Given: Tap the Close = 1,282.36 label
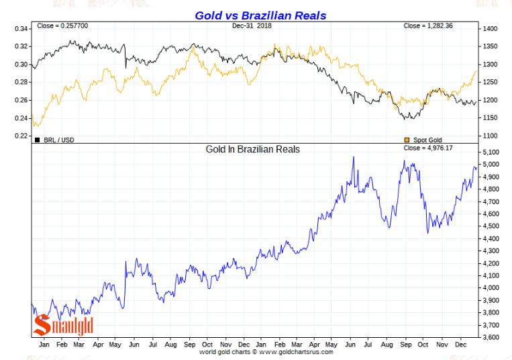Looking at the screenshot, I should point(430,26).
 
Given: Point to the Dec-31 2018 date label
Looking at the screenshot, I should point(256,26).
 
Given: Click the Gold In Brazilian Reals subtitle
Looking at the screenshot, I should point(252,148).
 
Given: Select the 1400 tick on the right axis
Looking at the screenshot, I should point(489,30).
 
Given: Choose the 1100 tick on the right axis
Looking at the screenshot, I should point(489,136).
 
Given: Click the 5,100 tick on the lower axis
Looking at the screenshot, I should point(491,152).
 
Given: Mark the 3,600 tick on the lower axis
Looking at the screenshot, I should point(491,337).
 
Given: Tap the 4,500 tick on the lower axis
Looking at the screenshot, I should point(491,226).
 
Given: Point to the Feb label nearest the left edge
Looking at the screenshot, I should point(61,344).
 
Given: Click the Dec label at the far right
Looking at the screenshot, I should point(460,344).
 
